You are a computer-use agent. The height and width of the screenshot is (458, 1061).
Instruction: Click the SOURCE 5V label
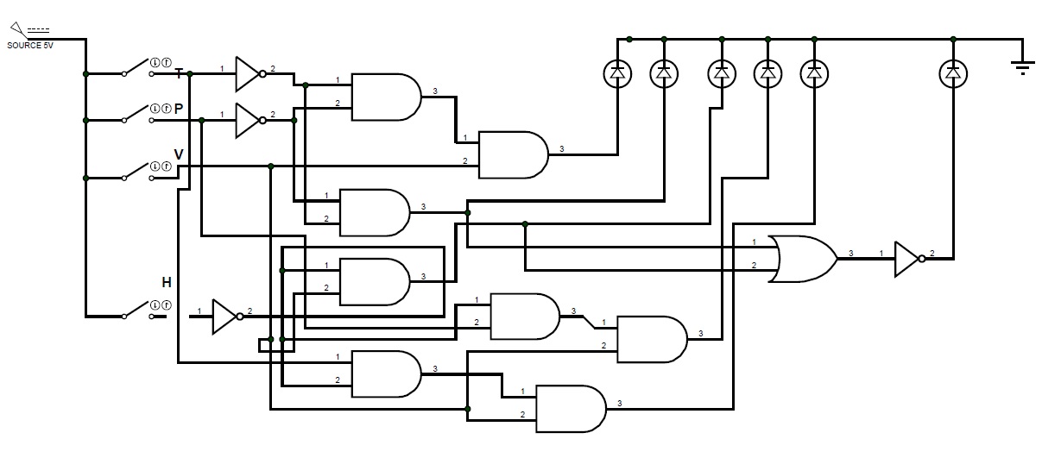[x=29, y=45]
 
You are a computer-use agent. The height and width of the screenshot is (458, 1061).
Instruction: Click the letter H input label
[x=167, y=282]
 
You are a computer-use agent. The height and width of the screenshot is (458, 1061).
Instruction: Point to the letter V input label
[x=179, y=154]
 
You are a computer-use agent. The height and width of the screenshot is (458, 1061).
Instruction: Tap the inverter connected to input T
[x=249, y=74]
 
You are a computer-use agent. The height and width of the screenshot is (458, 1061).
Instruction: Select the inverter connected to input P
[x=249, y=120]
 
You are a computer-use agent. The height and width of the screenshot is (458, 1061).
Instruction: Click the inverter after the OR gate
[x=909, y=259]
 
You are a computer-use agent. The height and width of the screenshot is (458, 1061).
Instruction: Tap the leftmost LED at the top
[x=616, y=75]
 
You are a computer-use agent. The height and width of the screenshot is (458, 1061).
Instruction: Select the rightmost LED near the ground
[x=952, y=75]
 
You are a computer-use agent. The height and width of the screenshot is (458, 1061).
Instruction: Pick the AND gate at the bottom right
[x=572, y=409]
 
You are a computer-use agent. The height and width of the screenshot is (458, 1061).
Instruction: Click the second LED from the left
[x=663, y=75]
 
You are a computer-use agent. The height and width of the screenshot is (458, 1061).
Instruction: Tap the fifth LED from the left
[x=813, y=75]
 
